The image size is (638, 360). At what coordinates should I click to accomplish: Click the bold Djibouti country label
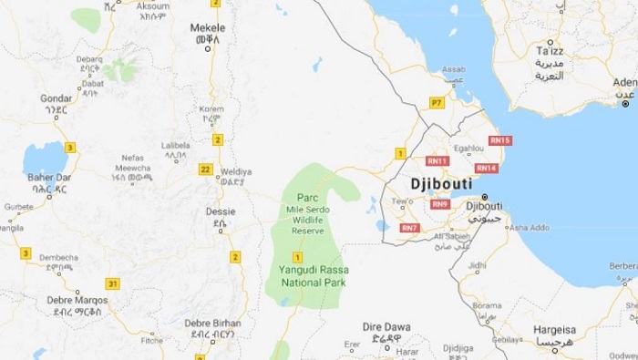coord(442,182)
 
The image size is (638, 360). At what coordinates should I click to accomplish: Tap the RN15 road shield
coord(500,140)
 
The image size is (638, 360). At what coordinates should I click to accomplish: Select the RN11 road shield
coord(437,160)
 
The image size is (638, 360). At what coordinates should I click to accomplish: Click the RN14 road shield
coord(486,168)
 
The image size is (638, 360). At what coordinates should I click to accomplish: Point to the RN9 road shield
coord(440,204)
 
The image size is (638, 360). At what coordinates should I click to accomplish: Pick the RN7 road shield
coord(409,227)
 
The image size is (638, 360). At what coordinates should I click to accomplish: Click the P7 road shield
coord(437,103)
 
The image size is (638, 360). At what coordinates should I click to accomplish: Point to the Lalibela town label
coord(176,145)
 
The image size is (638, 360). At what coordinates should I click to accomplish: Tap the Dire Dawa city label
coord(386,325)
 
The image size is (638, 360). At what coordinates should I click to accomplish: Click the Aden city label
coord(625,83)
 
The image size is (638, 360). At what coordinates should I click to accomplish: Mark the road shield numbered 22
coord(206,169)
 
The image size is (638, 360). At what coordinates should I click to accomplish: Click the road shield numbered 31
coord(113,283)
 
